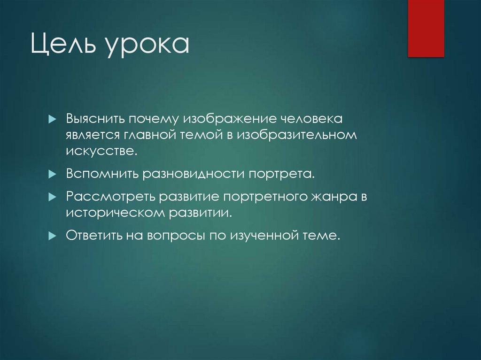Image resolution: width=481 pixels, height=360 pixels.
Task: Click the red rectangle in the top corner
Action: click(x=426, y=28)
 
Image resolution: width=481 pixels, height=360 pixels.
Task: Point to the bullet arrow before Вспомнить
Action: click(x=52, y=174)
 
